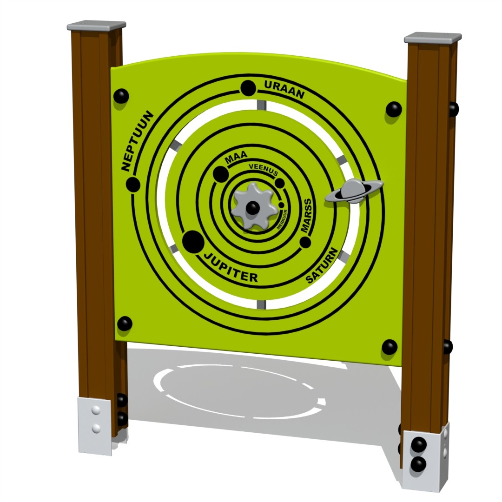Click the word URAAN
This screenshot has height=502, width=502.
284,90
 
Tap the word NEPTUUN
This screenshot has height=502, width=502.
137,141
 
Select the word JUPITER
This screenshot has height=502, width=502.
231,268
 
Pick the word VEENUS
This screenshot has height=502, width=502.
263,169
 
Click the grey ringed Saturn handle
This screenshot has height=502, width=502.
354,191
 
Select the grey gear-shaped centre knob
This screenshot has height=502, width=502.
252,206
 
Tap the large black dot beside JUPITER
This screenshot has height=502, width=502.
193,242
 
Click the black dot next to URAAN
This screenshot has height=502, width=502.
248,88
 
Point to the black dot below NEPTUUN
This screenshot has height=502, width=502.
133,185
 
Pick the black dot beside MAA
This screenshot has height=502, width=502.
220,174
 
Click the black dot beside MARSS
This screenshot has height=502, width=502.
305,242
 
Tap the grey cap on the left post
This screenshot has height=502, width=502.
96,25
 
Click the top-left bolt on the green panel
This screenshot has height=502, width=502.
121,96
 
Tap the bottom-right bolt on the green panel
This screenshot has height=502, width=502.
390,347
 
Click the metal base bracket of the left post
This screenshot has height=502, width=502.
95,425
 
